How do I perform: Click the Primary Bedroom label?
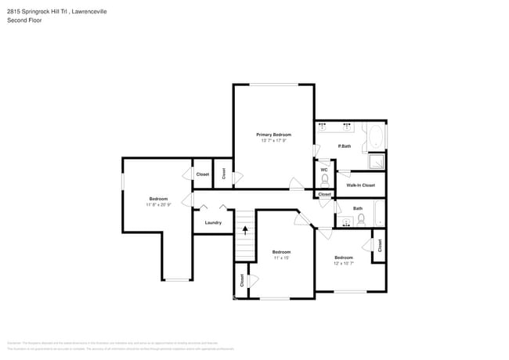point(274,135)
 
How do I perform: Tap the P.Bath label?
point(344,146)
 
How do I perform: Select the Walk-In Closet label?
point(360,185)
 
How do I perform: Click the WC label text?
point(324,170)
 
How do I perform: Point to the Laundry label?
point(213,222)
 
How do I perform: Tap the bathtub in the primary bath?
point(377,138)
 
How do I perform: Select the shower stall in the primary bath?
point(377,161)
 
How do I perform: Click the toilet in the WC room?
point(324,180)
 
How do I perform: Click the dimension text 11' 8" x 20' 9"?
point(158,205)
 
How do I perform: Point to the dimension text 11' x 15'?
point(281,257)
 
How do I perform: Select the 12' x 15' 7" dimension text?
point(344,264)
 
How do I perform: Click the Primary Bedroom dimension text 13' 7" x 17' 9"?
point(274,141)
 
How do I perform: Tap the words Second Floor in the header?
point(24,20)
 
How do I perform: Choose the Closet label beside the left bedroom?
point(202,174)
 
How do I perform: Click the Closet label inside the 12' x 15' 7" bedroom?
point(379,246)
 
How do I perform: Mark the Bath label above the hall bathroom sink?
point(358,208)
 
